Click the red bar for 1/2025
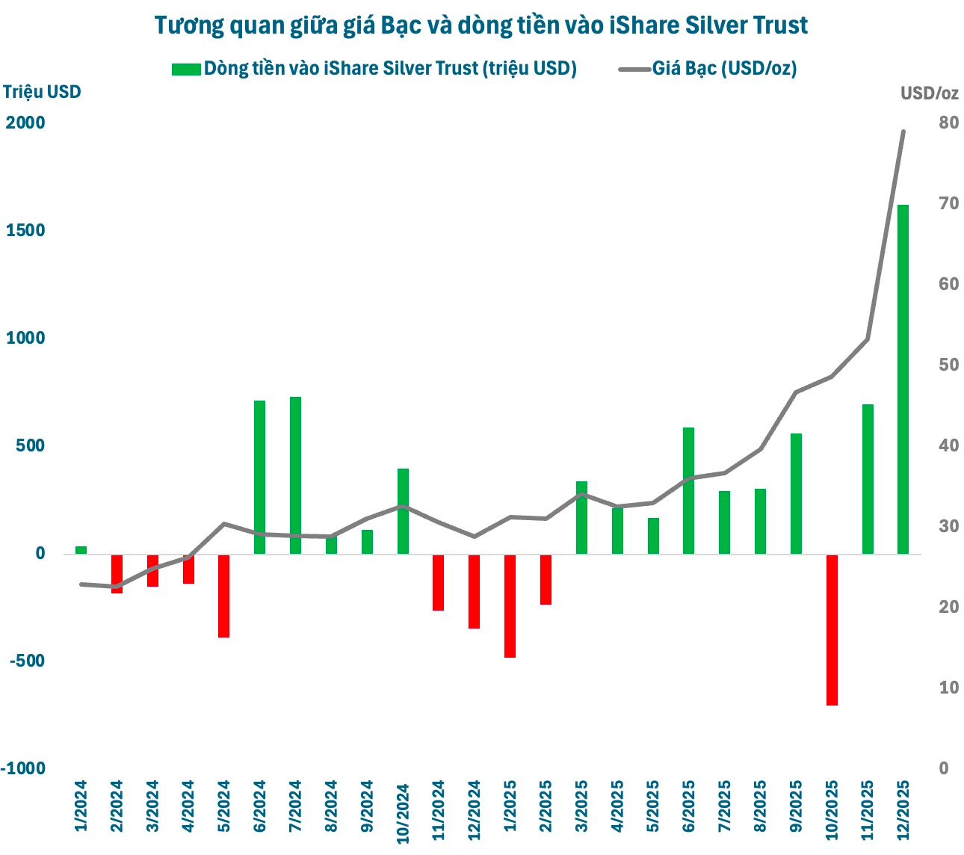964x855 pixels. [510, 605]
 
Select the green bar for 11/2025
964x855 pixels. [868, 478]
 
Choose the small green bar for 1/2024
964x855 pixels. [81, 550]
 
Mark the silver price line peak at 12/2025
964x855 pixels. [903, 132]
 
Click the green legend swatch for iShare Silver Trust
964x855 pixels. [185, 69]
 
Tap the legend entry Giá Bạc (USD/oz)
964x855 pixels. [723, 69]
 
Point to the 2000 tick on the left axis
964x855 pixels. [25, 123]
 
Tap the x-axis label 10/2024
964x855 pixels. [403, 813]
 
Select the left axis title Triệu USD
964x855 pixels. [42, 91]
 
